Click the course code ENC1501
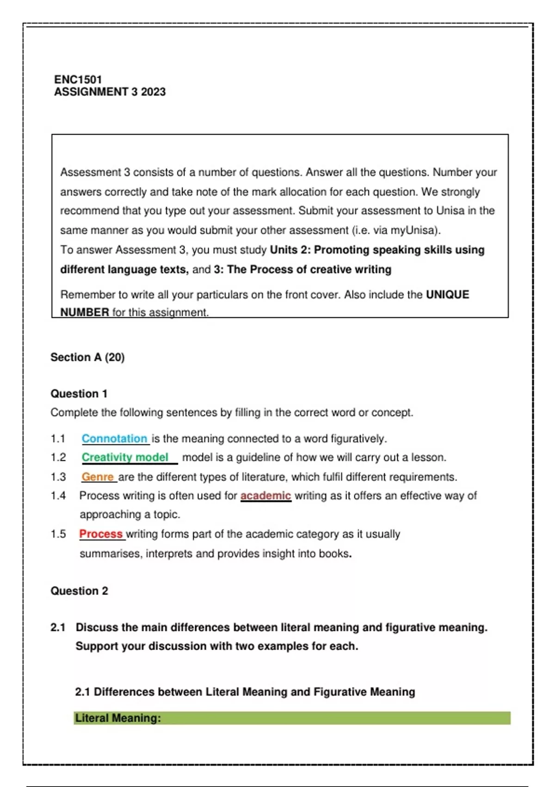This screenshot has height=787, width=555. coord(78,80)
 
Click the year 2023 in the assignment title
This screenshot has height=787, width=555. coord(153,92)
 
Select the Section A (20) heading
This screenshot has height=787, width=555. coord(87,357)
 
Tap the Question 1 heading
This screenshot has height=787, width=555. coord(79,394)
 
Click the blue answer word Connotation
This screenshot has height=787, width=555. coord(114,438)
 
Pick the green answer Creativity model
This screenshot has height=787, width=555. coord(125,457)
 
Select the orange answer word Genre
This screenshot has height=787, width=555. coord(98,477)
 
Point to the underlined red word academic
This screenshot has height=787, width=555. coord(265,496)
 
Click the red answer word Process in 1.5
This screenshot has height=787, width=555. coord(101,534)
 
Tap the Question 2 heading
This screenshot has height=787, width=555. coord(79,591)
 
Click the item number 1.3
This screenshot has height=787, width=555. coord(58,477)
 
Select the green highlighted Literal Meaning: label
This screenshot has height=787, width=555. coord(118,718)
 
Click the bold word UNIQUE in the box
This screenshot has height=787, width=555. coord(447,295)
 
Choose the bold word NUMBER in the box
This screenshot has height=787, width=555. coord(85,312)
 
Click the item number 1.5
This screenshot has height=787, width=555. coord(58,534)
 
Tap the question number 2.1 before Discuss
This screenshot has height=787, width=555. coord(58,628)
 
